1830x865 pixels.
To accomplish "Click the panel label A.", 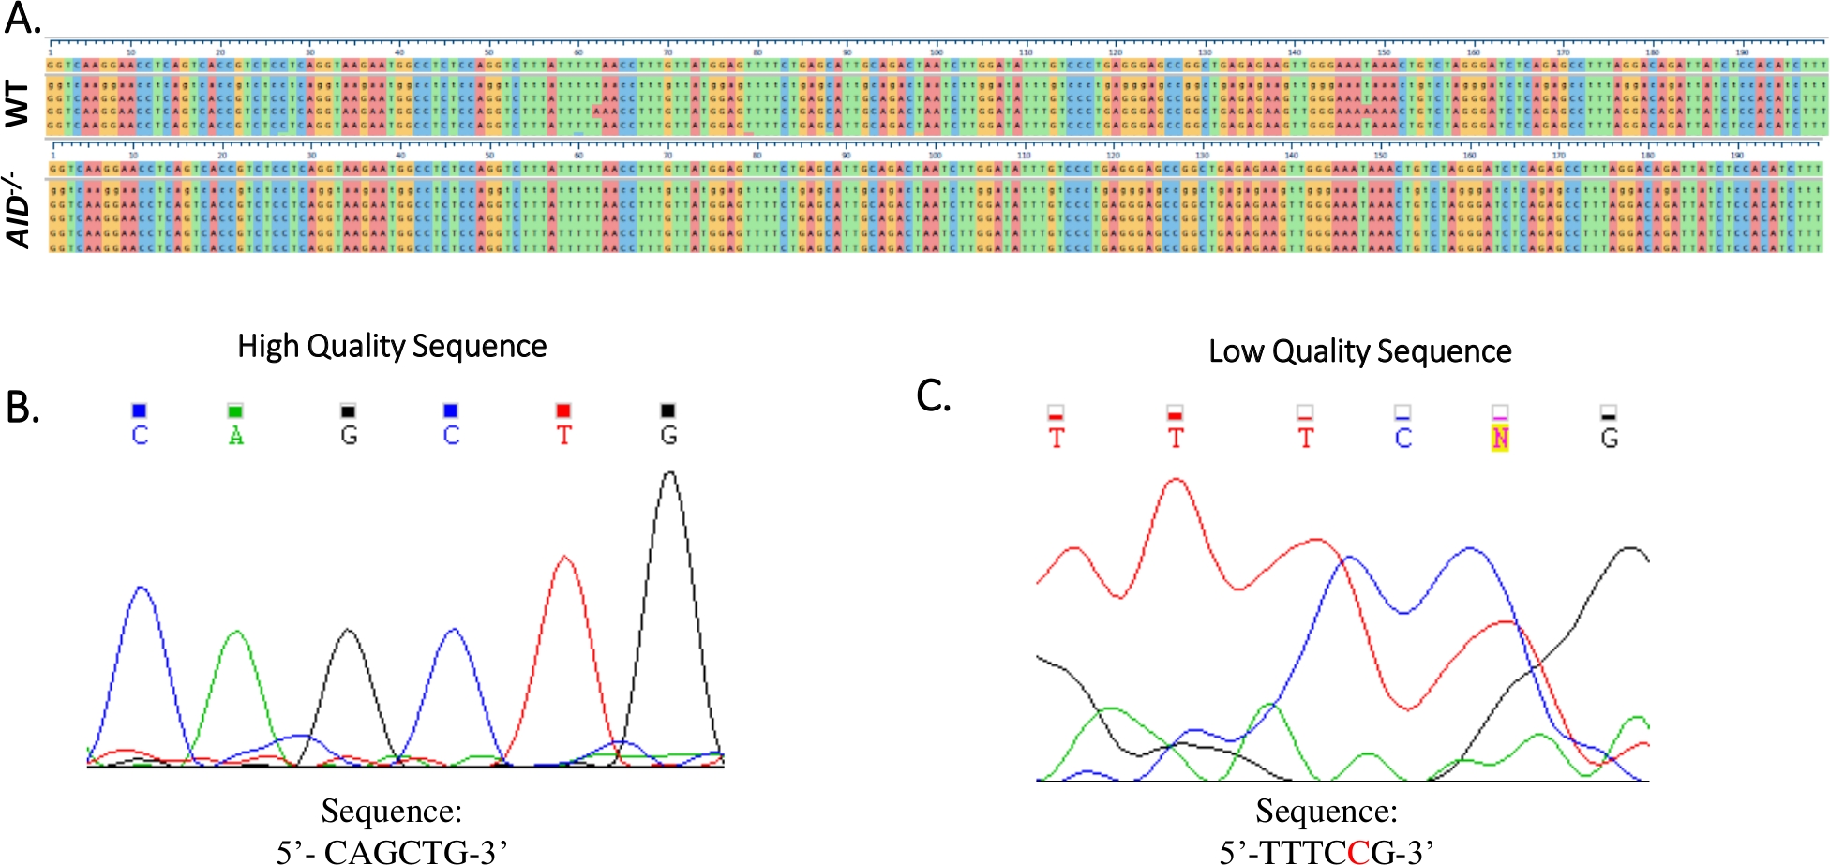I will pos(22,17).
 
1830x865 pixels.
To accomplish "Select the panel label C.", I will pos(934,396).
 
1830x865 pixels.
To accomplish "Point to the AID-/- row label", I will pos(19,214).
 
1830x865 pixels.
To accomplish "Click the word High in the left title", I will pos(267,347).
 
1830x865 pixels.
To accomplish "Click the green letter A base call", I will pos(236,436).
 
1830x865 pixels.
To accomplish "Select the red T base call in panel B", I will pos(563,436).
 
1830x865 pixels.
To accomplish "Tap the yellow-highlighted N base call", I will pos(1500,439).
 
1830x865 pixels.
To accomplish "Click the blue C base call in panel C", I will pos(1402,439).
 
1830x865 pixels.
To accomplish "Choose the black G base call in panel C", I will pos(1609,439).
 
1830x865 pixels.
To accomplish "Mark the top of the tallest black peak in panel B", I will pos(669,473).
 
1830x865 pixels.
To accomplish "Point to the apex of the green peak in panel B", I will pos(236,633).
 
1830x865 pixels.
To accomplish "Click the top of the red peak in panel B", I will pos(564,558).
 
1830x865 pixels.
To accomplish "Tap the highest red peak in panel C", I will pos(1176,481).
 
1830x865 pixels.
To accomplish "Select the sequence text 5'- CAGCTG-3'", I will pos(392,851).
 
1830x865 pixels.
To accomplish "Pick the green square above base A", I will pos(235,410).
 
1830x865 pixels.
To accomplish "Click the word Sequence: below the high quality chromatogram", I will pos(392,811).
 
